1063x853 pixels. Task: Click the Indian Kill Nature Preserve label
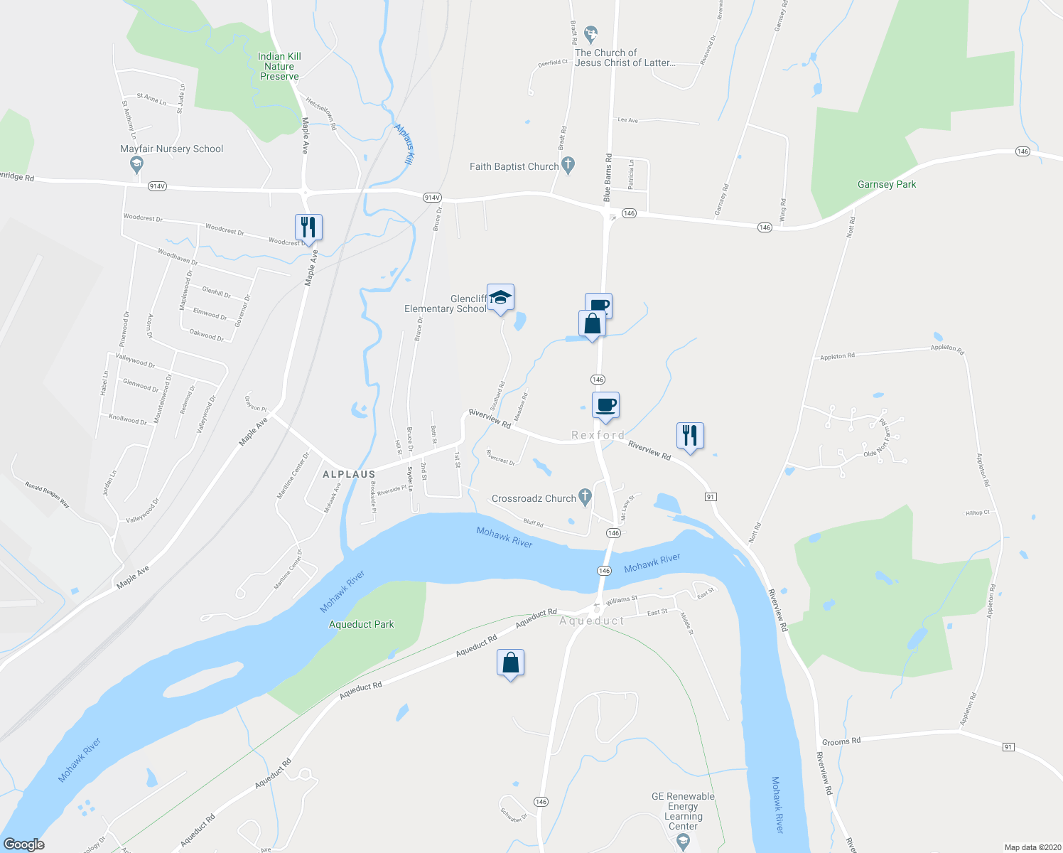pos(279,66)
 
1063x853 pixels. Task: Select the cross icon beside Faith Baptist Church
pos(568,166)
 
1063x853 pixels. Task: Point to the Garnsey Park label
pos(887,184)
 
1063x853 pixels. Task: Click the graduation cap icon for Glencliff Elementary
pos(500,299)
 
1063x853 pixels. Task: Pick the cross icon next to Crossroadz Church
pos(585,497)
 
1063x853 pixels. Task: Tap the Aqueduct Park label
pos(361,624)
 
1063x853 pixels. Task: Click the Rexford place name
pos(598,435)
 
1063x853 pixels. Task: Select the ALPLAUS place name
pos(349,474)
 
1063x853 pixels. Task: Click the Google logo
pos(24,844)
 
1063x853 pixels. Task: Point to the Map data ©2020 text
pos(1030,847)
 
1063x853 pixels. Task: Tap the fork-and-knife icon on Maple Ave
pos(308,227)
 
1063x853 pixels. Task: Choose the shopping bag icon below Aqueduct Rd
pos(511,662)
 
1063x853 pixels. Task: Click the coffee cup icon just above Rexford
pos(605,406)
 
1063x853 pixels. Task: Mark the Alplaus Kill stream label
pos(404,144)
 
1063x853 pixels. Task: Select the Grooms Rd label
pos(841,741)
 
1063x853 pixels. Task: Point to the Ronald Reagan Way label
pos(48,495)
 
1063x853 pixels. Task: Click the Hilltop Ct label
pos(977,513)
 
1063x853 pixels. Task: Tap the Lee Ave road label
pos(628,120)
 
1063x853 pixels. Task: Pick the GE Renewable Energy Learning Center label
pos(683,811)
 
